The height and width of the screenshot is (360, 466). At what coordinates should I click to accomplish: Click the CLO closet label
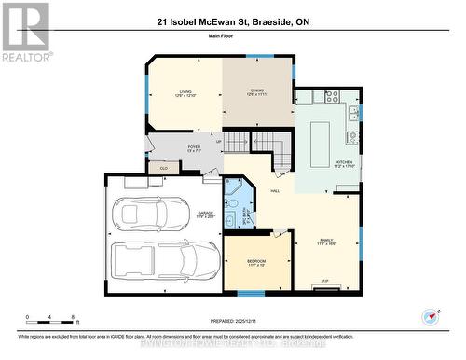click(164, 168)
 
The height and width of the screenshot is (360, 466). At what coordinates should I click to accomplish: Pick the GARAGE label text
click(205, 214)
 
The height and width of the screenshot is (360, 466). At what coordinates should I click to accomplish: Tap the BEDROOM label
click(256, 262)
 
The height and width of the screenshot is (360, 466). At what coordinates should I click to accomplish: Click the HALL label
click(275, 191)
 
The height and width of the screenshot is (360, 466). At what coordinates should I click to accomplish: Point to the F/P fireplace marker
click(324, 280)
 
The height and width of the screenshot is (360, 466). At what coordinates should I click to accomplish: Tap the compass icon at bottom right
click(430, 316)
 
